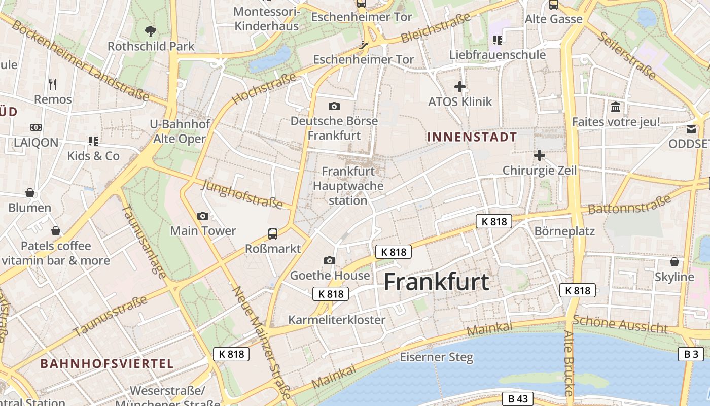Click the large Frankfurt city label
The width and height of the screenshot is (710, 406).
436,282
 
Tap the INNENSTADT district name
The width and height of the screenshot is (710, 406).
472,137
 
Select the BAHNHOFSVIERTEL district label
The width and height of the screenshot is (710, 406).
107,363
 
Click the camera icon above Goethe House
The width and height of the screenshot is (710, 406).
330,260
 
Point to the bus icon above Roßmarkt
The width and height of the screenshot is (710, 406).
273,233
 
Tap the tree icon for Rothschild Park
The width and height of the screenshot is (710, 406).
150,31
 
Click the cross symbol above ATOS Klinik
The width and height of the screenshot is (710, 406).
460,87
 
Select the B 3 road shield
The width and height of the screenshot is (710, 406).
691,354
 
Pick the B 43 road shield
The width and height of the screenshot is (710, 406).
518,399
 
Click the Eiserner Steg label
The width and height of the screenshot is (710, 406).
436,357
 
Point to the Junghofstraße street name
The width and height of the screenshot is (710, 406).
241,194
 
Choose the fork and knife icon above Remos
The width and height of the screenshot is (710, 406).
53,84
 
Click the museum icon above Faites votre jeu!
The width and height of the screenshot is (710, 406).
616,107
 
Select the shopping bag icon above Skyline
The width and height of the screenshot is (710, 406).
674,262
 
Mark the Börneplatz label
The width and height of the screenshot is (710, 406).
564,231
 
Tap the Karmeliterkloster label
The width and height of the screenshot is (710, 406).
337,320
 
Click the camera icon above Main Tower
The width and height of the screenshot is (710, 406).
203,216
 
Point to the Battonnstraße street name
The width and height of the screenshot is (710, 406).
629,205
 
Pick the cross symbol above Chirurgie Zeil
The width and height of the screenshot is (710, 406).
540,155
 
